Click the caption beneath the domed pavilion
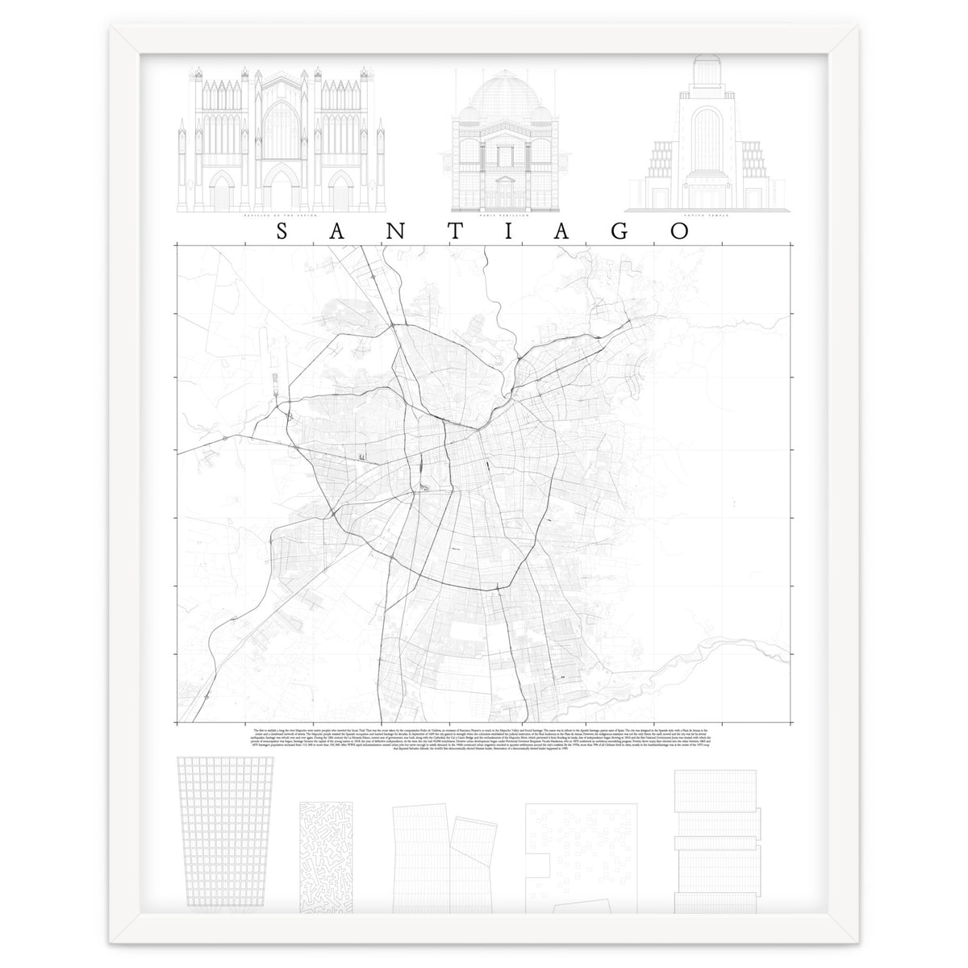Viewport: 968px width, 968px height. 494,216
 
